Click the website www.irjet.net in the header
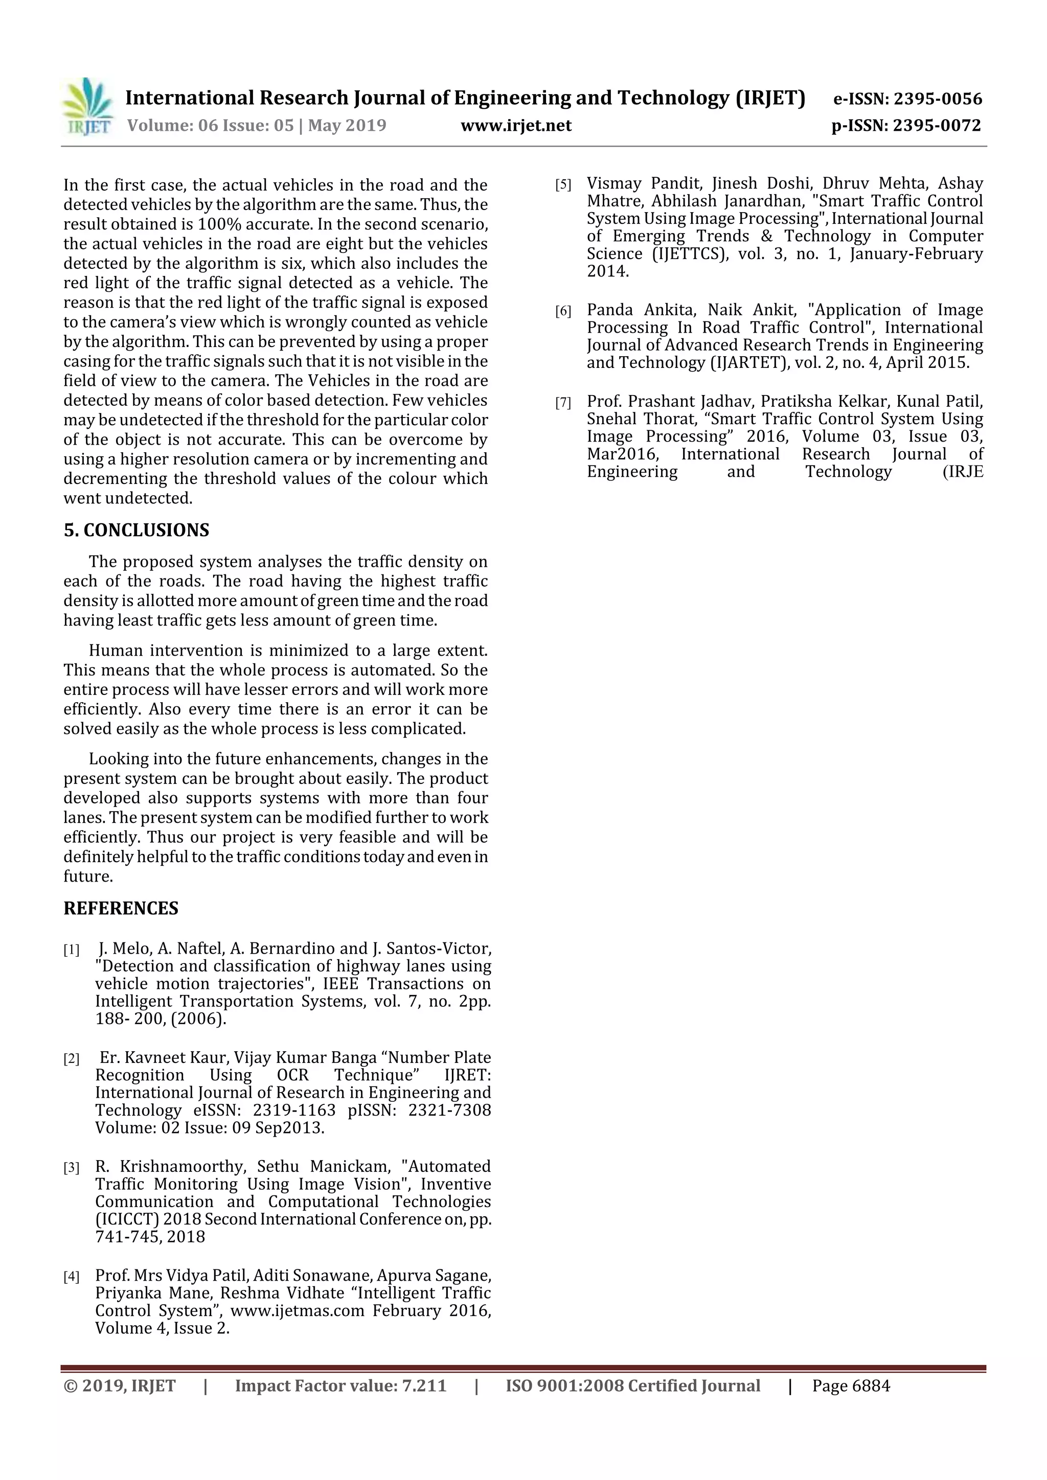coord(516,125)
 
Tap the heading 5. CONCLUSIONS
coord(136,530)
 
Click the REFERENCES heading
coord(121,908)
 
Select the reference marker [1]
coord(71,950)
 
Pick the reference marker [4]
coord(71,1276)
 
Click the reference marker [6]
coord(563,311)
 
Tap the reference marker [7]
coord(563,403)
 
